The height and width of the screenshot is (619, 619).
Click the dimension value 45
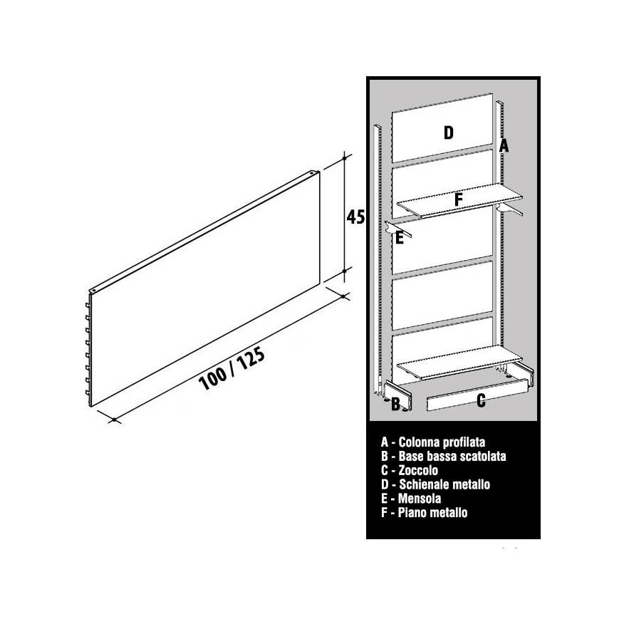pos(355,217)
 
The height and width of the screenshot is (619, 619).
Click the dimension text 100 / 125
pos(232,369)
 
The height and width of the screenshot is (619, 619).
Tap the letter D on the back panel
pos(449,133)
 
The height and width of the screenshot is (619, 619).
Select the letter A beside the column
pos(504,146)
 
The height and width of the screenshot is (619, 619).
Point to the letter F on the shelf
pos(458,199)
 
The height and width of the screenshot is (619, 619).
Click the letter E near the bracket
pos(400,238)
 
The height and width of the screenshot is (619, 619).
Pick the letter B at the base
pos(395,404)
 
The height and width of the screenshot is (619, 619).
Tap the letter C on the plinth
pos(481,400)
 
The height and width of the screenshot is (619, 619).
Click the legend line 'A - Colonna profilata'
pos(433,442)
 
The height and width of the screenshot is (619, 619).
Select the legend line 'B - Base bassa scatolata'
pos(443,457)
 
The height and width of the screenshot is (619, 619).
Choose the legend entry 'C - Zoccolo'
pos(410,470)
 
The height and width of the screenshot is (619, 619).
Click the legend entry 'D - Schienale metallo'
pos(435,484)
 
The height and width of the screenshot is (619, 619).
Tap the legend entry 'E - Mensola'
pos(411,499)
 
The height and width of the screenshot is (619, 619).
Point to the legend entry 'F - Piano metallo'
pos(425,512)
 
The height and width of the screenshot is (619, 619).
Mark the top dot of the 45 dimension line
pos(344,158)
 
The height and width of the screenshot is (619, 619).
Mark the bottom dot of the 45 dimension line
pos(344,271)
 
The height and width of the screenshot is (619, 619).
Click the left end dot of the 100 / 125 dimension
pos(114,420)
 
